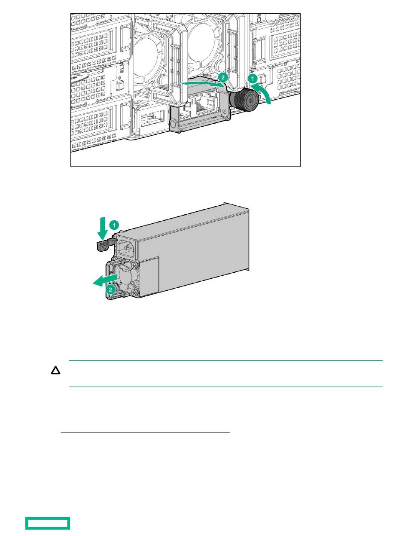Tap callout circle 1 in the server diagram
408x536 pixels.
click(x=253, y=79)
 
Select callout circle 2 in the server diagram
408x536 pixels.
click(x=222, y=77)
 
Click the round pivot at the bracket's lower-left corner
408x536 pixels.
click(x=173, y=124)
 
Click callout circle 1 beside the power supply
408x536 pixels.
click(x=114, y=225)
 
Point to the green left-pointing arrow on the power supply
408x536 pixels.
click(x=105, y=280)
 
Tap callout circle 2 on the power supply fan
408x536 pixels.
click(x=110, y=289)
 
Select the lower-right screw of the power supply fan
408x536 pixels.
click(x=135, y=292)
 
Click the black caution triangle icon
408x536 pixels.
click(x=55, y=371)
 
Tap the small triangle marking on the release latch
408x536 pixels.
click(x=104, y=247)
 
